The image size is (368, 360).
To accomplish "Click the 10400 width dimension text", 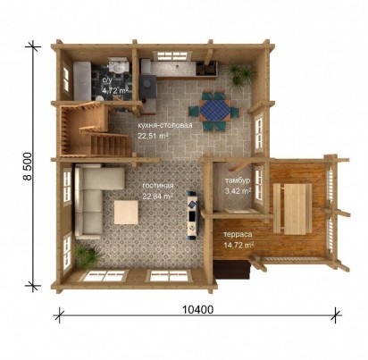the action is pyautogui.click(x=197, y=310).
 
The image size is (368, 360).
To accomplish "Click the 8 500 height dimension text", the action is pyautogui.click(x=28, y=166).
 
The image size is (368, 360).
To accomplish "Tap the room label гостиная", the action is pyautogui.click(x=158, y=186).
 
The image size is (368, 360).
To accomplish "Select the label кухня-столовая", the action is pyautogui.click(x=164, y=125).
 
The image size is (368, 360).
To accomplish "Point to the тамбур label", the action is pyautogui.click(x=238, y=180).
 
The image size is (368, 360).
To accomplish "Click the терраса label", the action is pyautogui.click(x=238, y=234).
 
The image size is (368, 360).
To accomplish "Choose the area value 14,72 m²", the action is pyautogui.click(x=238, y=245).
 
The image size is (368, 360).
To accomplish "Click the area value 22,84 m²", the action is pyautogui.click(x=158, y=197).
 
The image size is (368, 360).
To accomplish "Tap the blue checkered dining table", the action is pyautogui.click(x=214, y=111).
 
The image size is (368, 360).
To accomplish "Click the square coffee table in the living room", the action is pyautogui.click(x=126, y=212).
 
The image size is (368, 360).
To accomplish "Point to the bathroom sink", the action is pyautogui.click(x=118, y=66).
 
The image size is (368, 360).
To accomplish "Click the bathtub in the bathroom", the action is pyautogui.click(x=82, y=80).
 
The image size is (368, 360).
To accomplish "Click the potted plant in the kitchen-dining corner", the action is pyautogui.click(x=240, y=74).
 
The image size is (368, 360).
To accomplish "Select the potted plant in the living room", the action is pyautogui.click(x=88, y=255).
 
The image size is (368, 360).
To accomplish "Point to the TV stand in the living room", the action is pyautogui.click(x=192, y=214).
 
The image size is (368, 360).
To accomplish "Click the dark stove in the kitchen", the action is pyautogui.click(x=147, y=86).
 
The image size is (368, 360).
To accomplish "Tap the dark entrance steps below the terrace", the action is pyautogui.click(x=233, y=269).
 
